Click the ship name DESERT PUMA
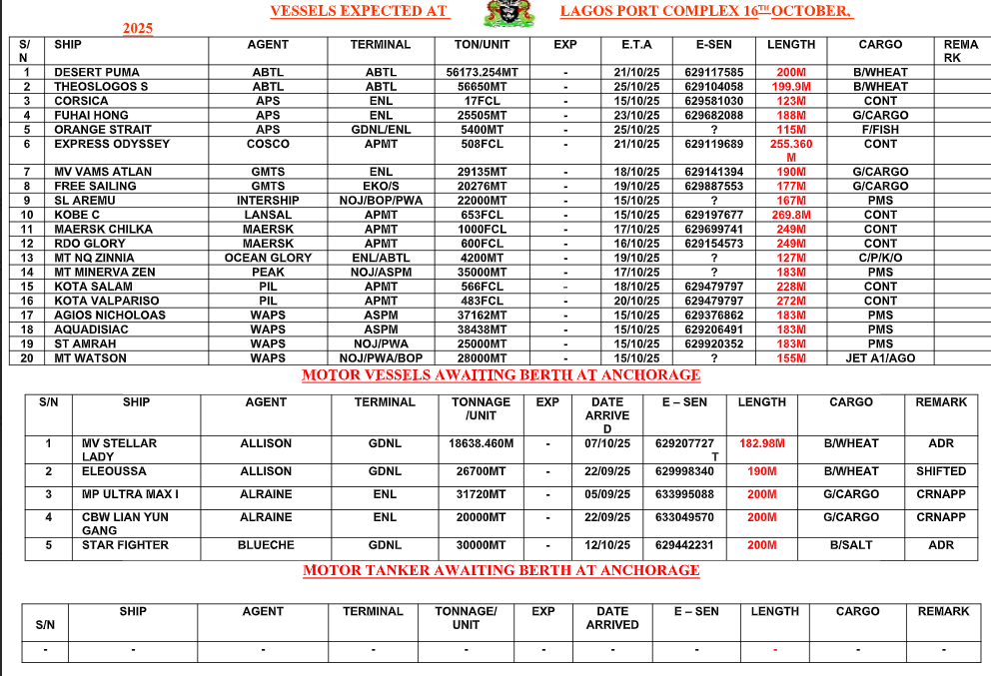coord(97,73)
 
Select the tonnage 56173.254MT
coord(482,73)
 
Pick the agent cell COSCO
coord(268,144)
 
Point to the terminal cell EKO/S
coord(381,187)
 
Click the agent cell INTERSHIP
coord(268,201)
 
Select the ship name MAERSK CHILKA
coord(103,230)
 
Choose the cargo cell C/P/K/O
coord(880,258)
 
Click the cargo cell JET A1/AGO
coord(880,358)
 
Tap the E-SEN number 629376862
coord(714,316)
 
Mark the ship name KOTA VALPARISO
coord(106,301)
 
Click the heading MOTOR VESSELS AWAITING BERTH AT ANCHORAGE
coord(500,375)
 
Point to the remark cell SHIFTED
coord(941,471)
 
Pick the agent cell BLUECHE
coord(266,545)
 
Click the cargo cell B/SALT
coord(850,545)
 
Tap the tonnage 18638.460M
coord(482,443)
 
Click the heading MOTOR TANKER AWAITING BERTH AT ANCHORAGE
coord(500,570)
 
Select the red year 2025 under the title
coord(138,29)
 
